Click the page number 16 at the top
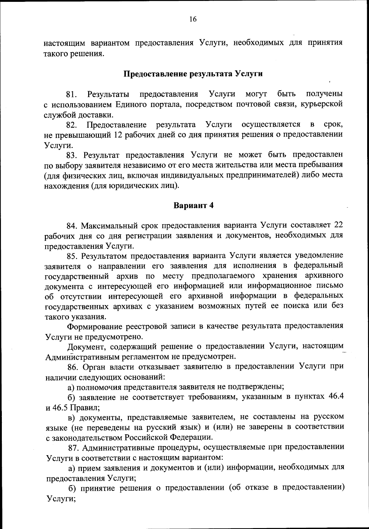(193, 19)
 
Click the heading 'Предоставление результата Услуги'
(193, 74)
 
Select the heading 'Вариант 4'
(193, 205)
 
